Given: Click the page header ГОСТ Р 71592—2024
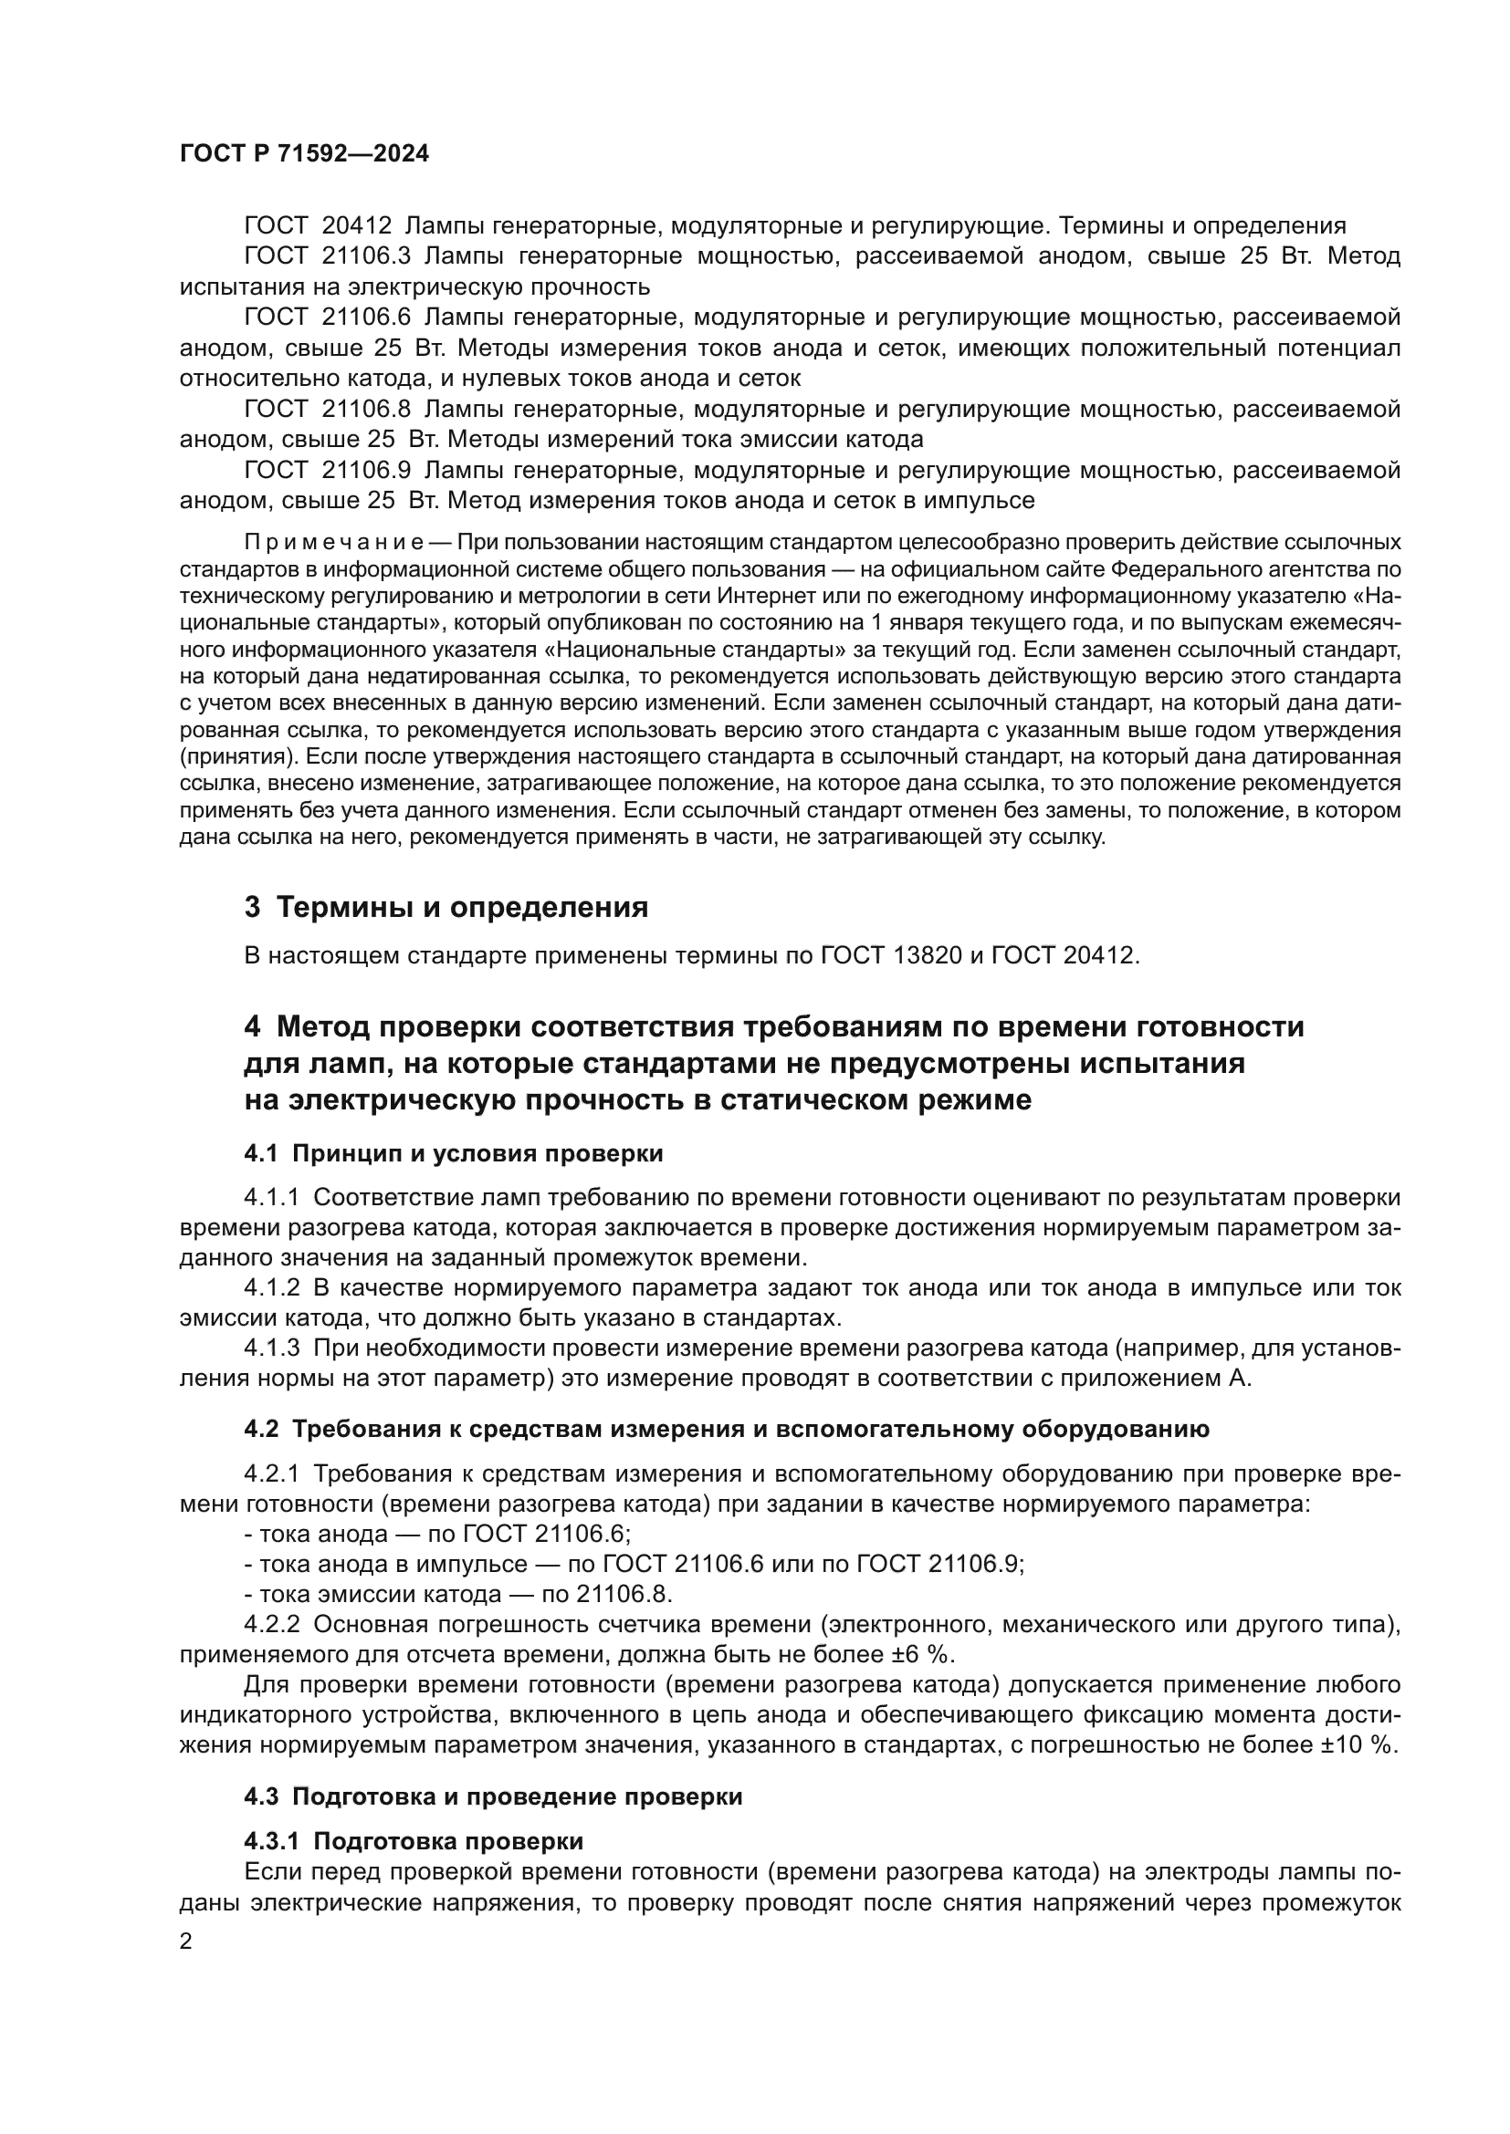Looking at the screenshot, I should tap(304, 154).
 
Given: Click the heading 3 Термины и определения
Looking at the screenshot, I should tap(446, 907).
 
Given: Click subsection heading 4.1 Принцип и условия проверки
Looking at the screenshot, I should tap(454, 1154).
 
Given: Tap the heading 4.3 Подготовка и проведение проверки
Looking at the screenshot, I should tap(493, 1796).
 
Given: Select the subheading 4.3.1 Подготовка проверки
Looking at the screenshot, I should tap(414, 1841).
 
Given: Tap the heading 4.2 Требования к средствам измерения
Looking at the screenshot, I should tap(725, 1430).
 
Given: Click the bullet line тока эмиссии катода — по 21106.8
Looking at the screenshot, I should tap(457, 1595).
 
